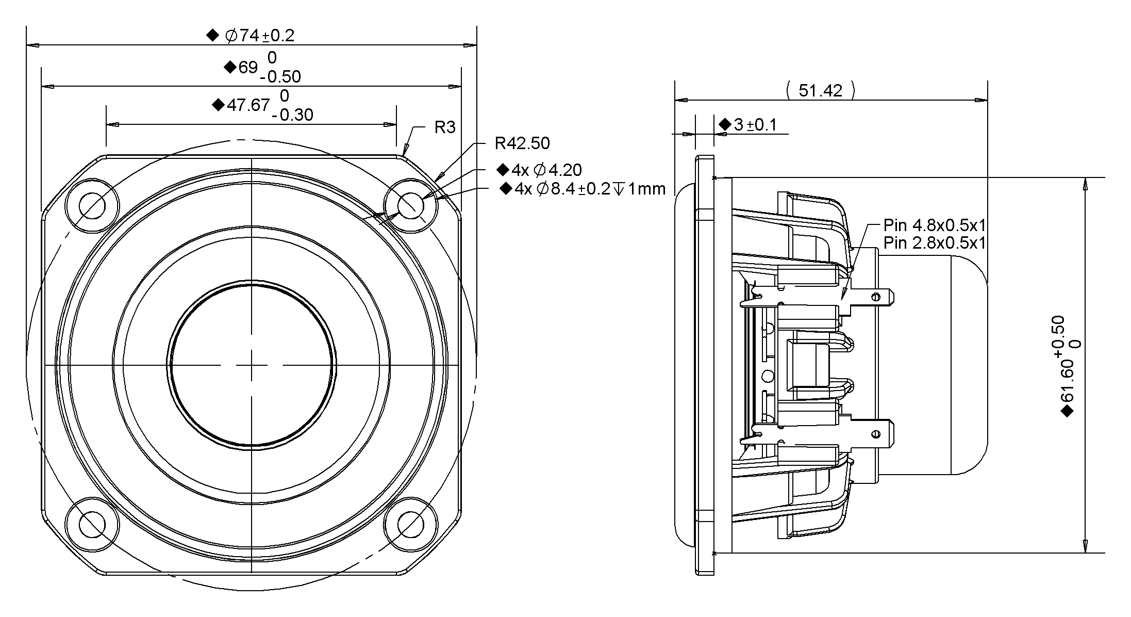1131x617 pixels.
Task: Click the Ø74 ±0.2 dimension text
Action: tap(259, 36)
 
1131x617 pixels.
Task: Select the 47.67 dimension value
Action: tap(248, 105)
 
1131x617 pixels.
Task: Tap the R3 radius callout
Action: tap(445, 127)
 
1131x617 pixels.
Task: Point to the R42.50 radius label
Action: tap(522, 143)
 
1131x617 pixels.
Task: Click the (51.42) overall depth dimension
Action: tap(820, 91)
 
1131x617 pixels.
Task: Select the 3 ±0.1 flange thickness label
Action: tap(754, 124)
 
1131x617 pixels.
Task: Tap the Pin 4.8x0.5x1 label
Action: tap(934, 225)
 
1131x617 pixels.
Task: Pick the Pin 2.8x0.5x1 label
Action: tap(934, 242)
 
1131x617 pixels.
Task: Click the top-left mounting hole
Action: tap(93, 206)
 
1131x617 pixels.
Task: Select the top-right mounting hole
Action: tap(411, 206)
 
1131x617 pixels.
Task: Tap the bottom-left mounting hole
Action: tap(93, 525)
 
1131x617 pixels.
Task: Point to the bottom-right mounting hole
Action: tap(411, 525)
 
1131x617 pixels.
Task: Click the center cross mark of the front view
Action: tap(252, 365)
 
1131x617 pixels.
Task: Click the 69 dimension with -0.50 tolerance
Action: tap(248, 67)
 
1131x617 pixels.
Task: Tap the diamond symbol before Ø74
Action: tap(212, 36)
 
